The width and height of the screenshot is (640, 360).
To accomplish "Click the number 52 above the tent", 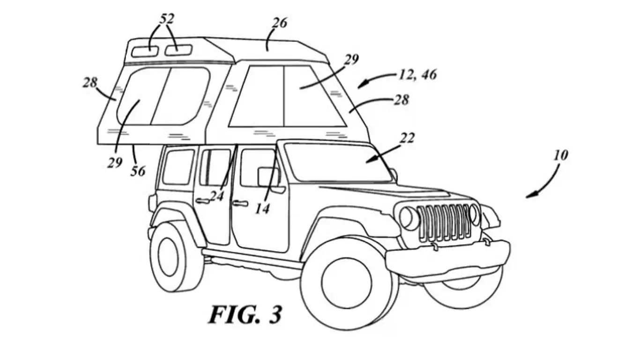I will [167, 19].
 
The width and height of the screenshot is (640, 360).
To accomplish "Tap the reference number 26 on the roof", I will [279, 23].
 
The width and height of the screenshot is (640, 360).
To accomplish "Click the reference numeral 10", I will [560, 155].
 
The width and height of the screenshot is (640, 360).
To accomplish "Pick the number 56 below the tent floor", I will [138, 171].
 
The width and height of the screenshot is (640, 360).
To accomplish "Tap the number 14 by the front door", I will [263, 209].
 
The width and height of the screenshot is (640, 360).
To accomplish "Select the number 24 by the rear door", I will [216, 196].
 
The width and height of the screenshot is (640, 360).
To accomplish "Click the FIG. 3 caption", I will [245, 315].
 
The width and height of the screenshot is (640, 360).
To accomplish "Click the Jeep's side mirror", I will [268, 177].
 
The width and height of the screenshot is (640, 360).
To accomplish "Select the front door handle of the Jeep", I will [240, 203].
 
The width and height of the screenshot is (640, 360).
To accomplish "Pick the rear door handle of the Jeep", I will [203, 201].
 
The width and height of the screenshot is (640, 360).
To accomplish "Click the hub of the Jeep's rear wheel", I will [167, 256].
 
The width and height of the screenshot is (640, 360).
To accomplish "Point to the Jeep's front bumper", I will [447, 257].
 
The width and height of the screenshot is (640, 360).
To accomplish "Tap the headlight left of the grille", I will [409, 218].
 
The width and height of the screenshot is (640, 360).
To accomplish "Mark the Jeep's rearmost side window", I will [178, 167].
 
